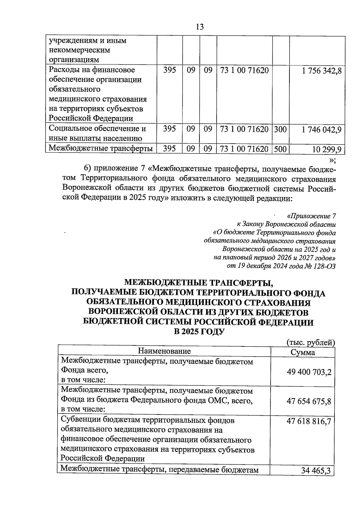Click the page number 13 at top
(199, 27)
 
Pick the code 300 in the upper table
(280, 130)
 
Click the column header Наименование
(164, 351)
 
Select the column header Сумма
(303, 352)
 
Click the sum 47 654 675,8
(309, 401)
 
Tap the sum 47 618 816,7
(309, 421)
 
